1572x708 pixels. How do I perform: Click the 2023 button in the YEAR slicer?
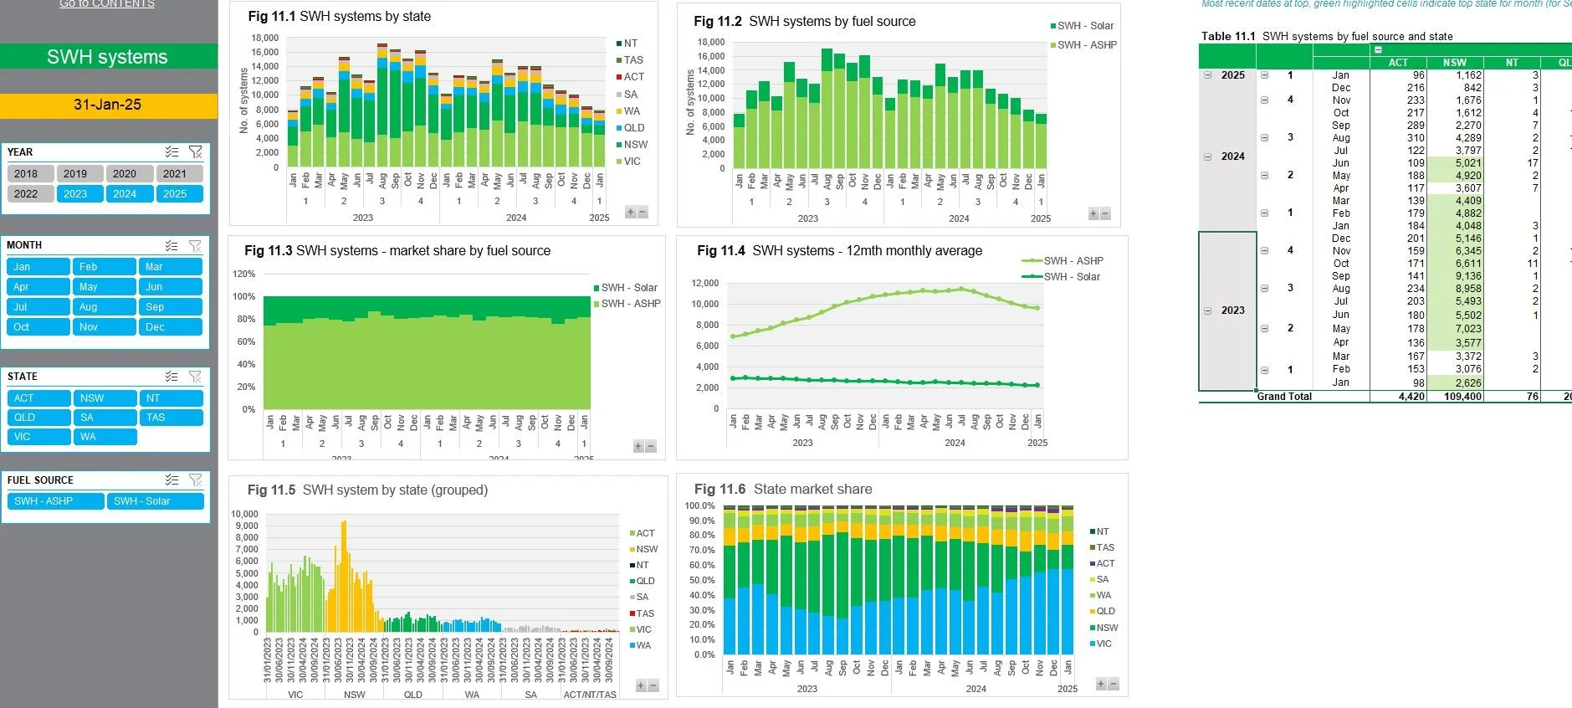75,194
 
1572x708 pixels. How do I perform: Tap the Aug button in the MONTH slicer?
104,307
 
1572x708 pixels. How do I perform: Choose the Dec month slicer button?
170,327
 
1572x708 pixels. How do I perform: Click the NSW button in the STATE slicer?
104,398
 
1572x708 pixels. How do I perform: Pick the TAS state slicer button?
170,418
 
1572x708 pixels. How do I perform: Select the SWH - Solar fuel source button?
154,501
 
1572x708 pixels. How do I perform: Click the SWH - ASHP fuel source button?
54,501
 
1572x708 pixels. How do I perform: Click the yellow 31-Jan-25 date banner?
108,105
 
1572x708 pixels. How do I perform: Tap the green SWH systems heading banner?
108,57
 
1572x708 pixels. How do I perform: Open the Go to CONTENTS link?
107,4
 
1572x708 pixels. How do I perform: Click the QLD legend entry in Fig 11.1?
633,128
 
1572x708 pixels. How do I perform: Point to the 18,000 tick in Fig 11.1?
264,38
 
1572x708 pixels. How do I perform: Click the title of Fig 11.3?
397,250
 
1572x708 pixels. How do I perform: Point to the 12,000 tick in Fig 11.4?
704,284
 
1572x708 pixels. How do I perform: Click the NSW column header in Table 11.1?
1454,63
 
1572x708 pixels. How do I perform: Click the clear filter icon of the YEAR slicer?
195,152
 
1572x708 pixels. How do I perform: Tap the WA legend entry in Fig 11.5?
643,645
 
